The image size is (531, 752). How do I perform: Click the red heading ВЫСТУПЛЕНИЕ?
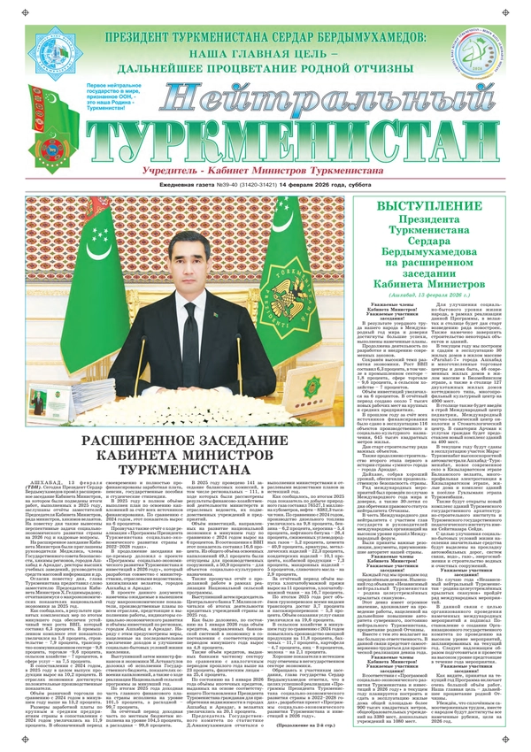point(450,204)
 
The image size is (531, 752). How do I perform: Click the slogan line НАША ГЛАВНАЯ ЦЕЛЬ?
point(265,54)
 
